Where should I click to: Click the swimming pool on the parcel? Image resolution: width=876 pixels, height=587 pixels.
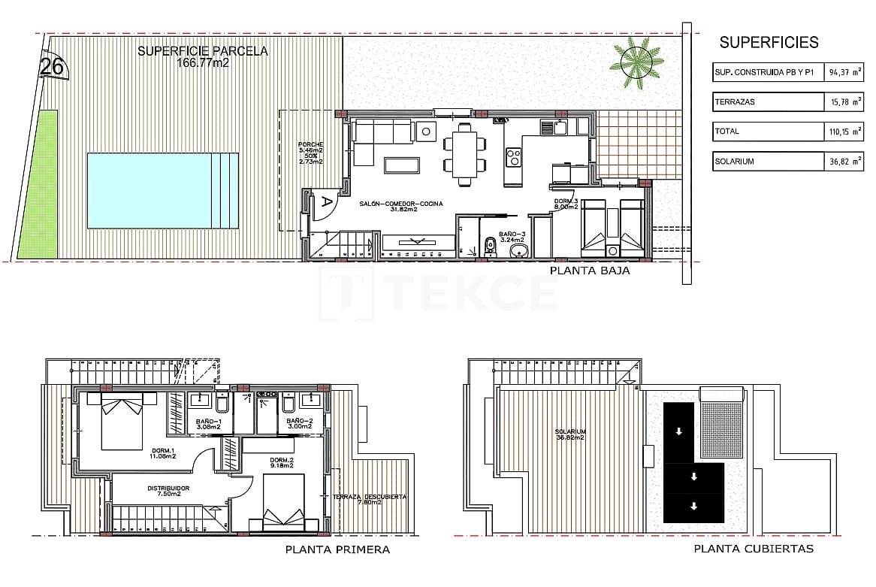coord(162,191)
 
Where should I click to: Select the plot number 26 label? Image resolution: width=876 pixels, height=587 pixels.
coord(51,67)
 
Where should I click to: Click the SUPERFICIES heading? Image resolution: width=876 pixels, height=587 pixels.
coord(769,43)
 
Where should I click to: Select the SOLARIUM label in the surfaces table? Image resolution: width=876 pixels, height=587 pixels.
coord(736,161)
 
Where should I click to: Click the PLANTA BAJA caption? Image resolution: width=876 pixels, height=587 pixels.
coord(590,271)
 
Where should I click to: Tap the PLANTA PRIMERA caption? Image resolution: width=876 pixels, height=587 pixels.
coord(337,549)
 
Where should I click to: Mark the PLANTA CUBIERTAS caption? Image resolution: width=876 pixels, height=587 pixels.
coord(754,549)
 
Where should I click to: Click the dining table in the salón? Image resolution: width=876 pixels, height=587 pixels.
coord(464,153)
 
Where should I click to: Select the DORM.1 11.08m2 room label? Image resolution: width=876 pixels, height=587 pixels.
coord(164,453)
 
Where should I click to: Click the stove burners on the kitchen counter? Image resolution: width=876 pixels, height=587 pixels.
coord(515,157)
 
